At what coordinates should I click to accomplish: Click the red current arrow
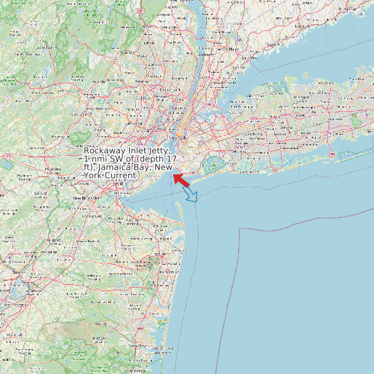(181, 179)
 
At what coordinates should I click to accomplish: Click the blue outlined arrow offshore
(190, 195)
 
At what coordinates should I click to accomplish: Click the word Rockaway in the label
(106, 150)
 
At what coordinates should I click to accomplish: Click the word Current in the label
(121, 176)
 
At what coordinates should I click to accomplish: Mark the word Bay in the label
(142, 168)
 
